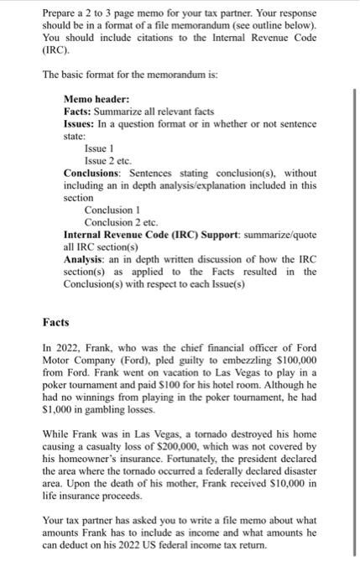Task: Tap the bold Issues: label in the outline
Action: point(81,123)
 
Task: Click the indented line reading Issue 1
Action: point(102,148)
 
